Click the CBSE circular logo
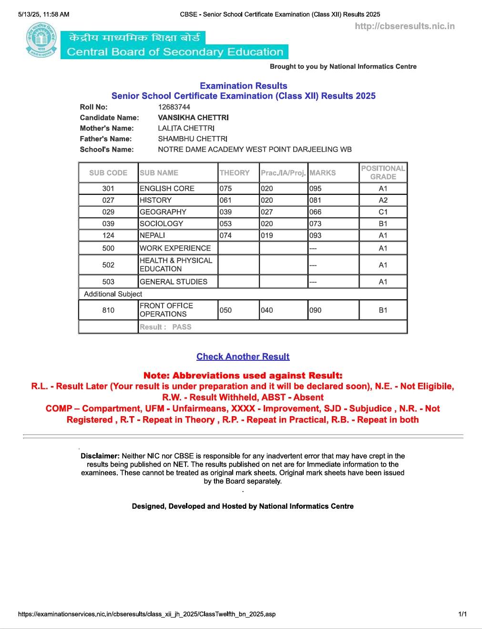[x=41, y=42]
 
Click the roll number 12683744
[x=174, y=107]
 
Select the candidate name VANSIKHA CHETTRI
[x=193, y=117]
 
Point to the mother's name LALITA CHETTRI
[x=186, y=128]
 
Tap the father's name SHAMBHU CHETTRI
[x=193, y=139]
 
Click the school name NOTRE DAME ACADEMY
[x=255, y=149]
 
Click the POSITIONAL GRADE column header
[x=383, y=172]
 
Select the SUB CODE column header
[x=108, y=173]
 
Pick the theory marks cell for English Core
[x=226, y=189]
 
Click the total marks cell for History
[x=316, y=200]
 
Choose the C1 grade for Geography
[x=383, y=212]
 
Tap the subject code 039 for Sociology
[x=108, y=224]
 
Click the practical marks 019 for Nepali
[x=267, y=235]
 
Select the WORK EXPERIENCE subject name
[x=175, y=248]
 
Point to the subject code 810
[x=108, y=310]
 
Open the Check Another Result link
[x=243, y=356]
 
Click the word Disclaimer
[x=100, y=456]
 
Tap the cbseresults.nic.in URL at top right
[x=404, y=26]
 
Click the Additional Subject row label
[x=113, y=294]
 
